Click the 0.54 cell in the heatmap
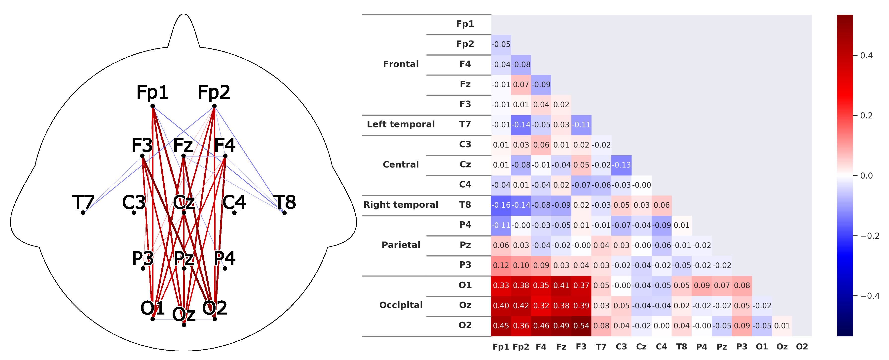point(581,325)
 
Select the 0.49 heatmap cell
point(561,325)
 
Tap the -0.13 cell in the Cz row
point(621,165)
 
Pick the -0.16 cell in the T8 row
point(501,205)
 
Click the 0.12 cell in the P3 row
point(501,265)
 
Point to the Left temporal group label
point(401,124)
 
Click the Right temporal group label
point(401,205)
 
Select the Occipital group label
point(401,305)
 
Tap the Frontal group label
point(401,64)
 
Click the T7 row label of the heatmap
point(465,124)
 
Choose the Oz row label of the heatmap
point(465,305)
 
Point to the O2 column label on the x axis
point(802,347)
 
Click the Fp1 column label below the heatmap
point(501,347)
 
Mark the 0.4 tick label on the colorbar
point(866,56)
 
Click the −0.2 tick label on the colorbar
point(870,236)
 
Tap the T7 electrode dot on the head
point(83,213)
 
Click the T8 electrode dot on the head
point(284,213)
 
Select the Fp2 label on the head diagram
point(214,92)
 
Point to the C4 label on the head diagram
point(234,202)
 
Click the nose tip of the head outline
point(184,14)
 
